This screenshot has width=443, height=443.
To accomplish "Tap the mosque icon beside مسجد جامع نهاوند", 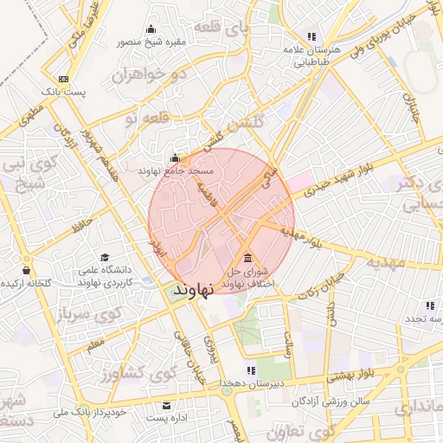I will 176,158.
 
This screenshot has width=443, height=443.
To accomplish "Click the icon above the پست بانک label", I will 63,80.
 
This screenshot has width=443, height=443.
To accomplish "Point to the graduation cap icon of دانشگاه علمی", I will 104,258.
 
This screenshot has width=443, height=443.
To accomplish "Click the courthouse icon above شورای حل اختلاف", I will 248,258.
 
